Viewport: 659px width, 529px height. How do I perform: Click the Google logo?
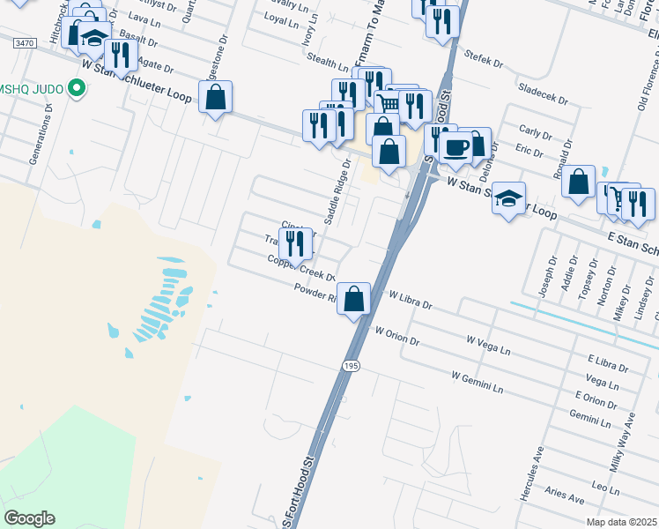(29, 518)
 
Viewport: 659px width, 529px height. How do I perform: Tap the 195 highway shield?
(352, 365)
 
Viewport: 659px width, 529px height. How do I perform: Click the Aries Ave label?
(565, 495)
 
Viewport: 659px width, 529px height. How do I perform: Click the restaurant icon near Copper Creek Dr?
(295, 242)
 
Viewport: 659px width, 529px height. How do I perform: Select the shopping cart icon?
(389, 105)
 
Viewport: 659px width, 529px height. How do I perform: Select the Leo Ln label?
(606, 486)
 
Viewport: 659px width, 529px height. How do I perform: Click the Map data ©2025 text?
(621, 522)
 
